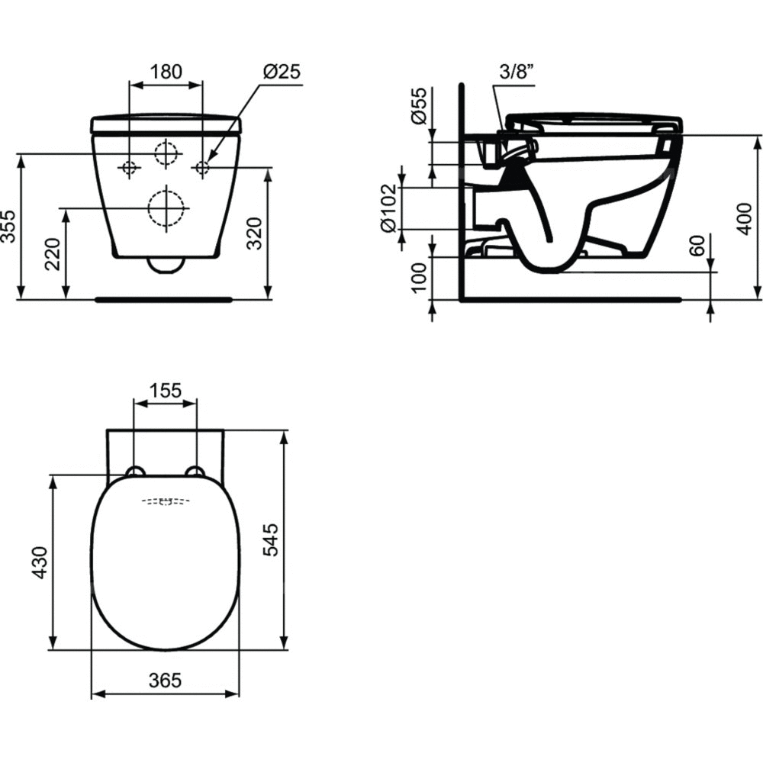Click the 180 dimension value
(166, 71)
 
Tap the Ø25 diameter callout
(282, 72)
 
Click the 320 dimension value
(254, 233)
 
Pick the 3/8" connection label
(517, 72)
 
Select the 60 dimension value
(697, 245)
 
